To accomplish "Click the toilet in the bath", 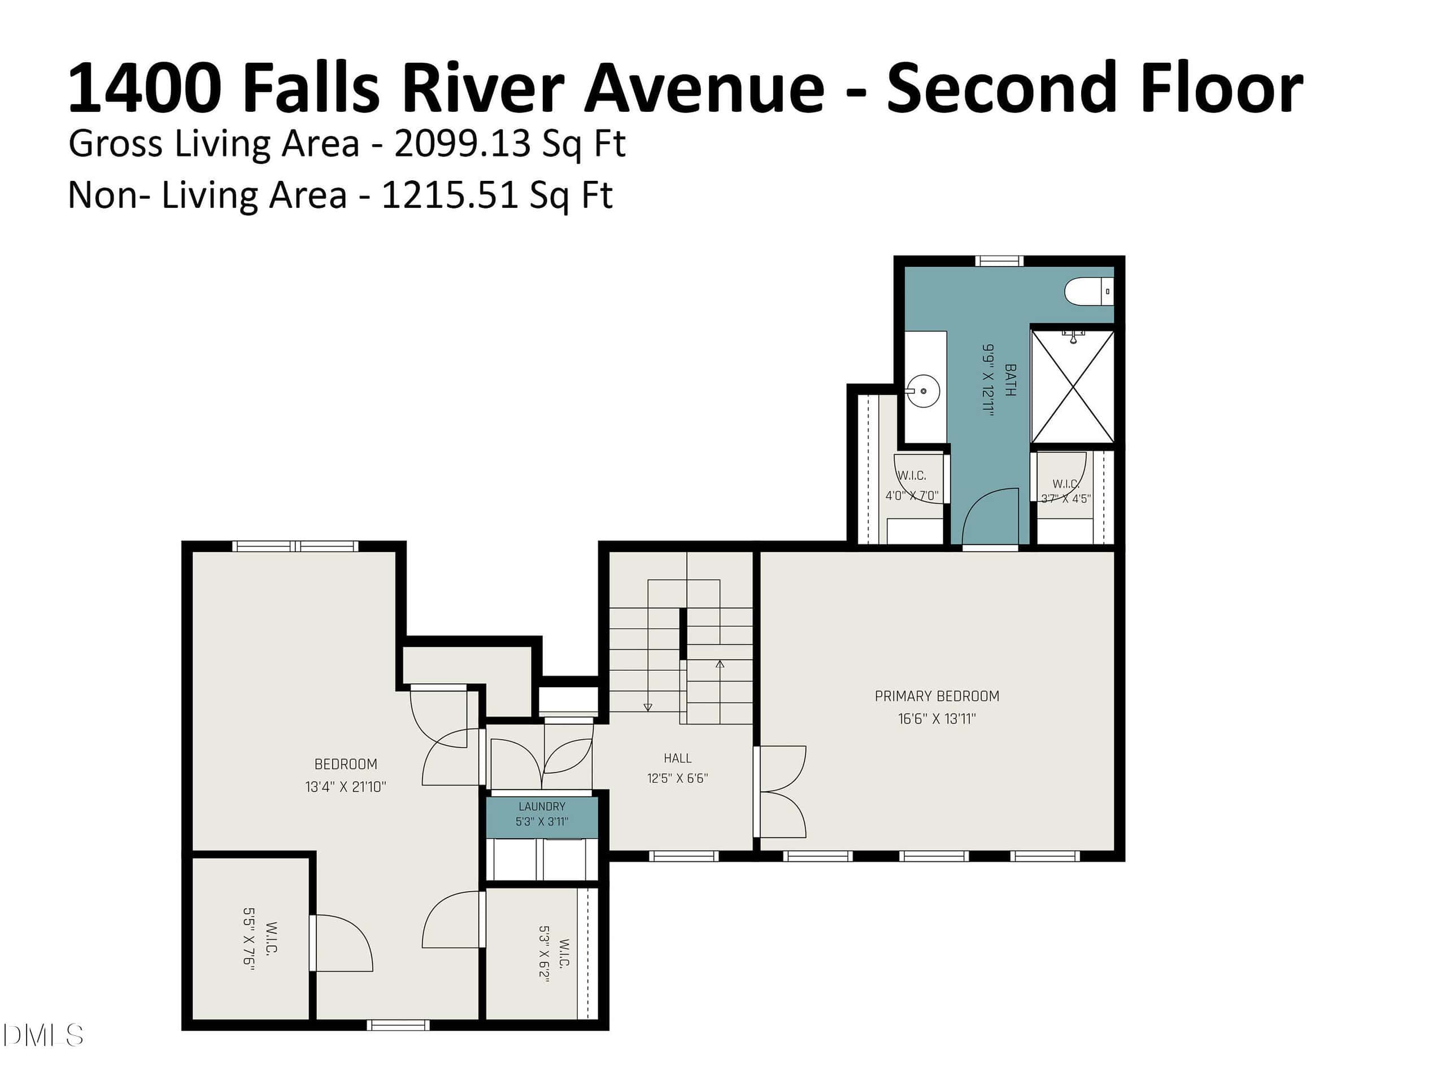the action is [x=1089, y=291].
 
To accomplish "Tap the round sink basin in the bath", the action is [x=923, y=391].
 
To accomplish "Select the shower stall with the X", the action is [x=1073, y=387].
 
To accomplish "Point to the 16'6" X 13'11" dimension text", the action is [x=937, y=719].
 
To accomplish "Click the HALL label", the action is [x=677, y=758].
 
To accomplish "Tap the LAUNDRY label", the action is [x=542, y=807].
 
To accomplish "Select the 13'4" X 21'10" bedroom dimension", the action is [x=346, y=787].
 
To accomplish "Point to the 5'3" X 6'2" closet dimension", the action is [x=545, y=953].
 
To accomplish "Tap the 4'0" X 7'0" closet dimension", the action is [x=912, y=496].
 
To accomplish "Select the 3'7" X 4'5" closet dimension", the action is [x=1065, y=498].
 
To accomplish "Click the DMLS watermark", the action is [x=42, y=1035].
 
